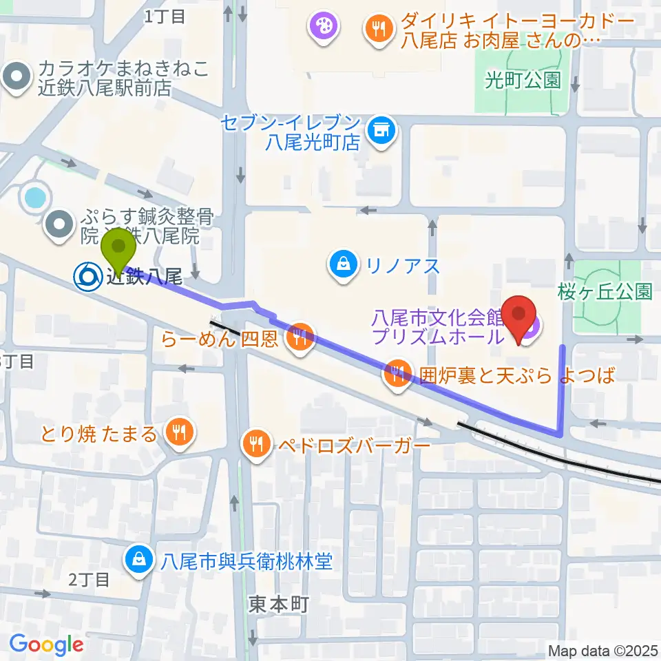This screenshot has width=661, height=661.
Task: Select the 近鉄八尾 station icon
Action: (87, 277)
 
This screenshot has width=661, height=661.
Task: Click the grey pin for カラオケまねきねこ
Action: (19, 78)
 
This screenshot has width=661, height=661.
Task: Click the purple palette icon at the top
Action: (322, 28)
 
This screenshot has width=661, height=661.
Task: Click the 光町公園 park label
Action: (523, 80)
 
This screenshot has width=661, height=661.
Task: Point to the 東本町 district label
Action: (277, 605)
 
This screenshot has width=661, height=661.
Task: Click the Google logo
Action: (46, 645)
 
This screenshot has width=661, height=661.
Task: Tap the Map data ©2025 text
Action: (604, 651)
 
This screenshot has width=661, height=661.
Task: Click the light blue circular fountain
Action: (34, 198)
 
